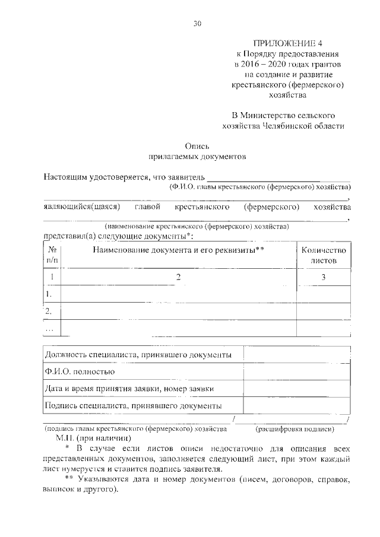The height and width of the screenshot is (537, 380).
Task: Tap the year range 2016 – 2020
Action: point(273,63)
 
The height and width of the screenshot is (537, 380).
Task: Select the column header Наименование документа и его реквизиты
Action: point(178,250)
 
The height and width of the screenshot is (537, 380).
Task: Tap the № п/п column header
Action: point(52,255)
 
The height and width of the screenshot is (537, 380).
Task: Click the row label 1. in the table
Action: point(50,294)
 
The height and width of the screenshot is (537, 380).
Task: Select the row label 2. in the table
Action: point(50,310)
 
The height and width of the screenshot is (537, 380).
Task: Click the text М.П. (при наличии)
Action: point(90,437)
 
